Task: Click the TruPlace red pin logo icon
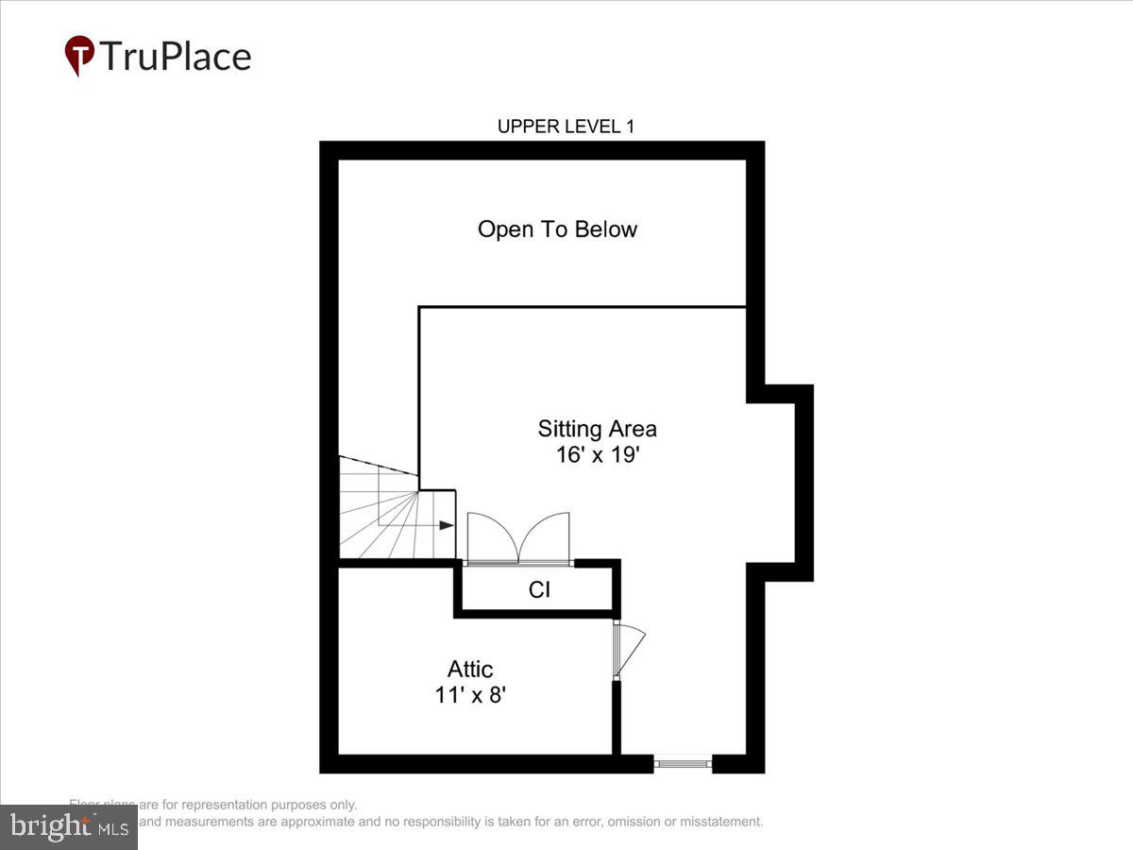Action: tap(79, 55)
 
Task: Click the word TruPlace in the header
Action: tap(176, 57)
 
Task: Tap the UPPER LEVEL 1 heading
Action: tap(566, 127)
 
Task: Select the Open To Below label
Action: tap(557, 229)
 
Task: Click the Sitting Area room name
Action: tap(597, 429)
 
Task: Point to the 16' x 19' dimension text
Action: tap(597, 454)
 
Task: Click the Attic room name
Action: tap(470, 670)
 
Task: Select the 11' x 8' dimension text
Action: tap(470, 695)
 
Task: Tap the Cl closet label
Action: tap(539, 590)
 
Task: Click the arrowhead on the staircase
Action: tap(448, 525)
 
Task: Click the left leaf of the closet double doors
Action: tap(492, 539)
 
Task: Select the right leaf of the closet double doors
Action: tap(545, 539)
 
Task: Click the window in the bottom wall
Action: tap(684, 762)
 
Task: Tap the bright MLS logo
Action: tap(69, 827)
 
